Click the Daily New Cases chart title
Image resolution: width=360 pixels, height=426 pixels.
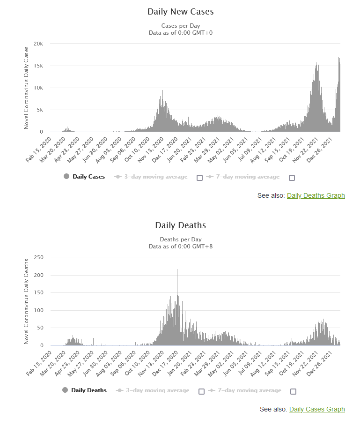[180, 11]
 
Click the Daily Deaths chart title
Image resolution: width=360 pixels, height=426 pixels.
[180, 225]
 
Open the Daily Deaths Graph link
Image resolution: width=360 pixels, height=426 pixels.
[316, 195]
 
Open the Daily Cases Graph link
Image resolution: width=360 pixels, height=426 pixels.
[317, 409]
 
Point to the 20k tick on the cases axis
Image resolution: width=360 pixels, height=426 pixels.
[38, 44]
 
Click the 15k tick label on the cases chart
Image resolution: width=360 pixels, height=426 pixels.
[38, 66]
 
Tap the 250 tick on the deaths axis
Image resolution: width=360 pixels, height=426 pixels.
[38, 257]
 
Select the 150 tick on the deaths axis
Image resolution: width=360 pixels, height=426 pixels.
[38, 292]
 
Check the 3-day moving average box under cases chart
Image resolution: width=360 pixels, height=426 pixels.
[200, 178]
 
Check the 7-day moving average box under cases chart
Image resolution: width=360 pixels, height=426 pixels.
[292, 178]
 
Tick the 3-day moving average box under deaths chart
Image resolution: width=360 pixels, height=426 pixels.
[202, 391]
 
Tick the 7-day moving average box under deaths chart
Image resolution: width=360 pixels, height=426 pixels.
[294, 391]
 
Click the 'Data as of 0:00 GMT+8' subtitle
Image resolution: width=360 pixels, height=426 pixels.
[180, 246]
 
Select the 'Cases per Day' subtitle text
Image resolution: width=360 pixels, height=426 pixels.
[180, 25]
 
